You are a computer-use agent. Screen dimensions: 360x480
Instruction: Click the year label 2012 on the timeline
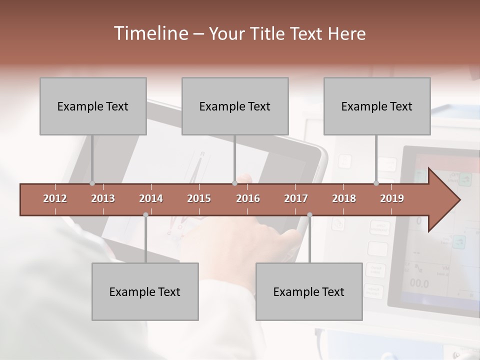[55, 198]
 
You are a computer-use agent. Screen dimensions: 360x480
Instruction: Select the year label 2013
[103, 198]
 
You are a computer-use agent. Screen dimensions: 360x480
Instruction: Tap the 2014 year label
[151, 198]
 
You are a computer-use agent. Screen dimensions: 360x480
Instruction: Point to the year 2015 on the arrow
[199, 198]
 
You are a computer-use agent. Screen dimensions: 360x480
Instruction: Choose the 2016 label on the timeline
[248, 198]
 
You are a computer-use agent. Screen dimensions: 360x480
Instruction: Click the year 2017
[296, 198]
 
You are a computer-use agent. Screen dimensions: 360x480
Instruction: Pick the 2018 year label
[344, 198]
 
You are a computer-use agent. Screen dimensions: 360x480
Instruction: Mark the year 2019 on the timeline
[392, 198]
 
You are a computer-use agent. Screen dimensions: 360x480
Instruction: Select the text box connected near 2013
[93, 106]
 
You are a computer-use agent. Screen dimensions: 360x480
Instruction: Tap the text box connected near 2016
[235, 106]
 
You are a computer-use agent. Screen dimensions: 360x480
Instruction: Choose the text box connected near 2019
[377, 106]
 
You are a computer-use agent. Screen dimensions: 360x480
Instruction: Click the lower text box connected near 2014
[145, 291]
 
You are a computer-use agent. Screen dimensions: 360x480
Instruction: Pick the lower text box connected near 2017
[309, 291]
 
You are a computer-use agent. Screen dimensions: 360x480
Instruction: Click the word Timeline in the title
[150, 33]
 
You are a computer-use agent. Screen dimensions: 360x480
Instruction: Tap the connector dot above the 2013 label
[92, 183]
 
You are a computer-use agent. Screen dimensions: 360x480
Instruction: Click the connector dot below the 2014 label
[145, 214]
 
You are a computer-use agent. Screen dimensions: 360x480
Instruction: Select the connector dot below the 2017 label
[309, 214]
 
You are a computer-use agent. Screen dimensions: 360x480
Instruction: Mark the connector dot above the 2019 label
[376, 183]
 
